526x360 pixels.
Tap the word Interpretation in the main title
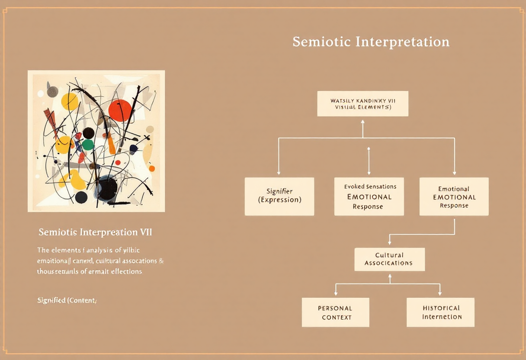click(402, 42)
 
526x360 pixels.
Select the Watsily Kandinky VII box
click(362, 103)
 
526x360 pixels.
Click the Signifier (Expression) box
click(279, 196)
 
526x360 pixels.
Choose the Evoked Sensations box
click(369, 196)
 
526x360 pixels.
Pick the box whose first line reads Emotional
click(454, 196)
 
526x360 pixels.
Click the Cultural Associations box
click(389, 259)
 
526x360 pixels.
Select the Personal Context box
click(335, 312)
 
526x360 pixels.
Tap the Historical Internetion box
click(440, 312)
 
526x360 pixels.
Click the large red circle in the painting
click(120, 110)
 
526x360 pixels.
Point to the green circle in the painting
click(88, 145)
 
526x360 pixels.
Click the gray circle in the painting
click(52, 92)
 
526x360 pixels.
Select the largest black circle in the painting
click(107, 187)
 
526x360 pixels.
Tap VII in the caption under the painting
click(145, 232)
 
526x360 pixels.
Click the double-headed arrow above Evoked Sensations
click(369, 161)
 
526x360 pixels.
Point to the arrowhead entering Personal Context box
click(336, 294)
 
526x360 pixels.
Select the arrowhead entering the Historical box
click(440, 294)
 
